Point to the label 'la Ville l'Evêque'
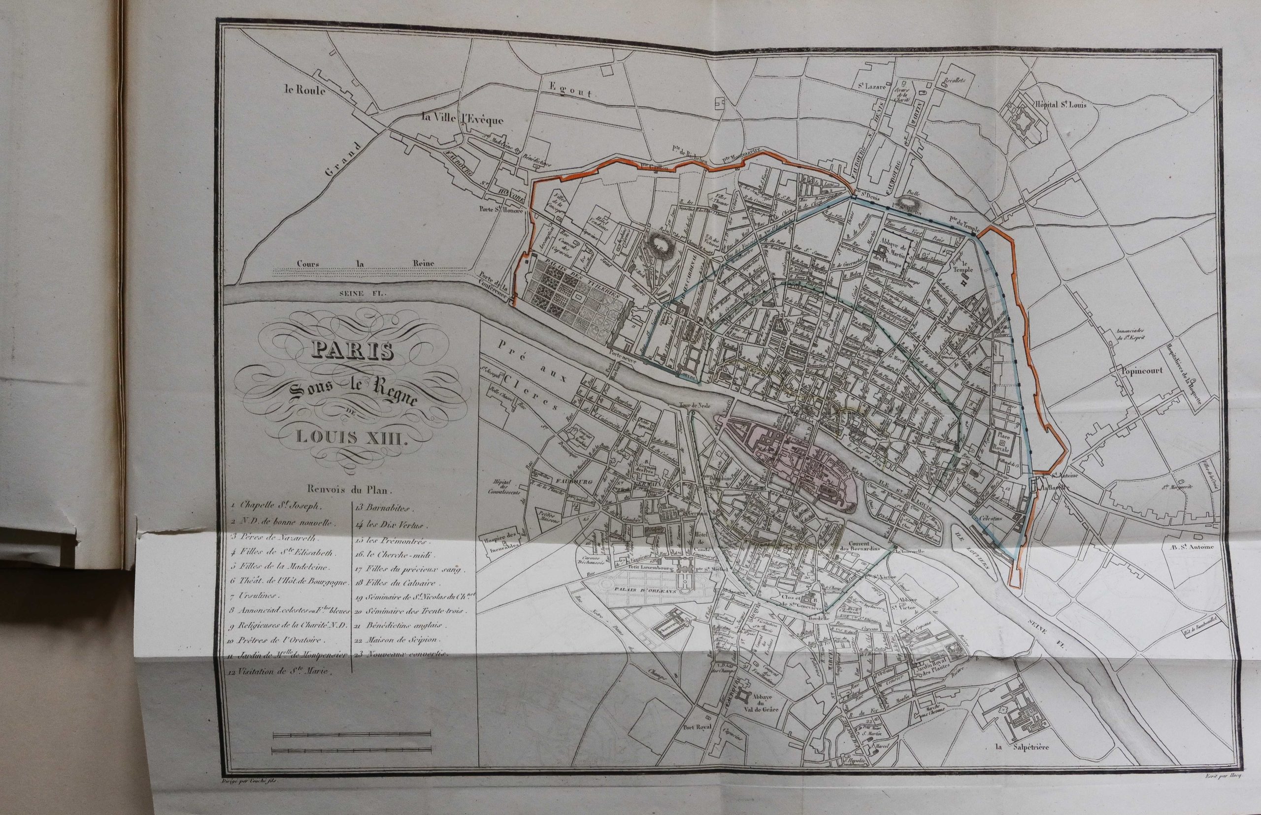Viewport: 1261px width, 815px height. click(461, 119)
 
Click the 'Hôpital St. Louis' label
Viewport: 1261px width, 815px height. click(1057, 104)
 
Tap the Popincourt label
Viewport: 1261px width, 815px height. click(1141, 371)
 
